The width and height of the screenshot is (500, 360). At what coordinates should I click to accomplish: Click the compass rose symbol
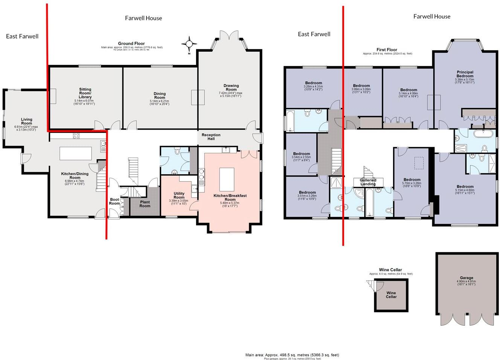click(189, 44)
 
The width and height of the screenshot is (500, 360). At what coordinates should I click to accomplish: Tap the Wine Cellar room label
click(391, 294)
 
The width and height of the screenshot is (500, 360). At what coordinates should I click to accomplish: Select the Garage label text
click(466, 278)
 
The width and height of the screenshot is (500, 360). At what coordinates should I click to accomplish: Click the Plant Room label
click(145, 203)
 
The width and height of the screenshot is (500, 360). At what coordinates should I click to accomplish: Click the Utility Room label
click(179, 195)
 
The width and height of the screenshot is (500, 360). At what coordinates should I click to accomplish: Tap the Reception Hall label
click(211, 137)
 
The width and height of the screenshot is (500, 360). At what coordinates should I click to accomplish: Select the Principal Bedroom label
click(465, 74)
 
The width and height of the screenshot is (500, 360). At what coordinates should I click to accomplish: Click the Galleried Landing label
click(368, 182)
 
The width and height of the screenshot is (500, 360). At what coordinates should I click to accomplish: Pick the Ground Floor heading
click(131, 44)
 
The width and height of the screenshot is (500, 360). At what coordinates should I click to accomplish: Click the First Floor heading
click(387, 50)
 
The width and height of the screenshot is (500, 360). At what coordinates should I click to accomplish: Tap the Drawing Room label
click(231, 88)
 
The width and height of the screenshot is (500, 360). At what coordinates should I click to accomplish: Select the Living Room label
click(26, 121)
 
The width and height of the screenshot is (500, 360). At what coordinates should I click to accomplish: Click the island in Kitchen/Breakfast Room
click(227, 180)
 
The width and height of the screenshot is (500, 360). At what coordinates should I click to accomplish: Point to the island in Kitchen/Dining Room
click(75, 154)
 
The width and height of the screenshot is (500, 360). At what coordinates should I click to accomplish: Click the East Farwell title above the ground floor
click(22, 37)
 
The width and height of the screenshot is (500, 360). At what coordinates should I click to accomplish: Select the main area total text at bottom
click(292, 355)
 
